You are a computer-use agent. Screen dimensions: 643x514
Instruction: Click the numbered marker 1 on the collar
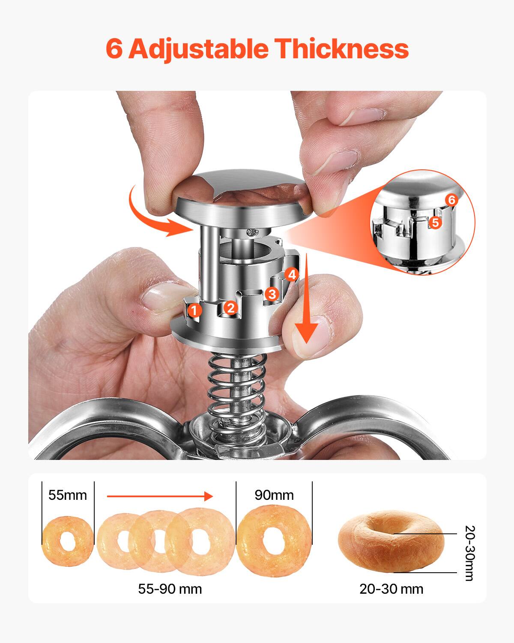pos(195,310)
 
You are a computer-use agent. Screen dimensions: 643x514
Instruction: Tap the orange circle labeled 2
pos(230,307)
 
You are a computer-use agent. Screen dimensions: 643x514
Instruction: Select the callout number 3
pos(272,294)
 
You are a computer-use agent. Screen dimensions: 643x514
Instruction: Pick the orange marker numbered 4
pos(292,275)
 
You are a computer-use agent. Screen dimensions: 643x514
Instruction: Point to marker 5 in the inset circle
pos(435,222)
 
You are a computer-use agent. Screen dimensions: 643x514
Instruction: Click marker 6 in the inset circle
pos(451,200)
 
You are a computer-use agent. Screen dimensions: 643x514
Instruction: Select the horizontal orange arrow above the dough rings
pos(160,496)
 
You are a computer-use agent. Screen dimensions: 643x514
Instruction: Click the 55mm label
pos(68,495)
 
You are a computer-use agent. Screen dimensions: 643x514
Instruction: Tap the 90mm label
pos(274,495)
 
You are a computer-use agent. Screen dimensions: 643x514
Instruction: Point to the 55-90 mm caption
pos(170,589)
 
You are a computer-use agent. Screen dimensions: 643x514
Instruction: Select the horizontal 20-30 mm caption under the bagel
pos(391,589)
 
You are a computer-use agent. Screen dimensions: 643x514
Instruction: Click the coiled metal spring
pos(235,386)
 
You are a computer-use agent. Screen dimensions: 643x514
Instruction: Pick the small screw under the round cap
pos(252,233)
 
